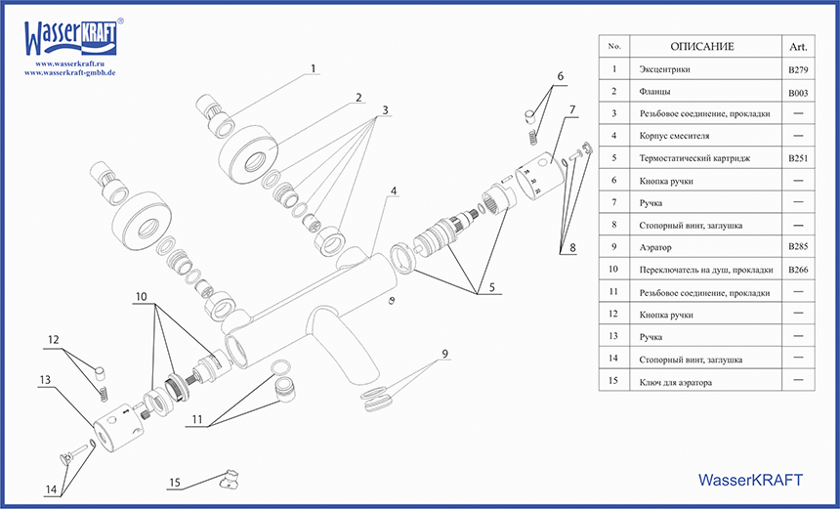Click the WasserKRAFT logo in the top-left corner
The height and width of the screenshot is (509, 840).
pyautogui.click(x=71, y=36)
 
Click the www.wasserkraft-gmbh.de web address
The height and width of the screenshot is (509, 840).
pyautogui.click(x=70, y=73)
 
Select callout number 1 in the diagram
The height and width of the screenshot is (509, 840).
pyautogui.click(x=314, y=69)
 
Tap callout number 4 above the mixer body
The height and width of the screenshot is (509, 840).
pyautogui.click(x=394, y=191)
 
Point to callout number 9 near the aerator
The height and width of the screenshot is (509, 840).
pyautogui.click(x=444, y=354)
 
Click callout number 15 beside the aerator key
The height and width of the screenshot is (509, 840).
pyautogui.click(x=175, y=483)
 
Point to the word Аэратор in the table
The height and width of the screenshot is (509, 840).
pyautogui.click(x=662, y=248)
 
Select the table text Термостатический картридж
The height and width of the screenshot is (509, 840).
pyautogui.click(x=694, y=158)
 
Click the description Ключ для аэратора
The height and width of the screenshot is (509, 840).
pyautogui.click(x=675, y=383)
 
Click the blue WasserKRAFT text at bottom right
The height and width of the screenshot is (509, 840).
pyautogui.click(x=751, y=480)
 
